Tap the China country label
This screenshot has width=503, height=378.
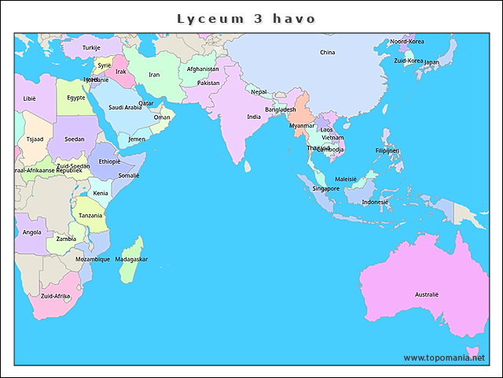click(x=327, y=53)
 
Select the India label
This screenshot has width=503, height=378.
click(x=254, y=117)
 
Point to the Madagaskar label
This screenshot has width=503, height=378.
click(x=131, y=259)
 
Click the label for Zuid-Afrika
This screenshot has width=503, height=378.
click(x=56, y=296)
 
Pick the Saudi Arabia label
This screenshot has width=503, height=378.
click(x=125, y=107)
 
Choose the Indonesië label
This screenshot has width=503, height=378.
click(x=375, y=202)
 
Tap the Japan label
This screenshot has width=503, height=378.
click(x=431, y=62)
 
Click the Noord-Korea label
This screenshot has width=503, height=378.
click(x=407, y=41)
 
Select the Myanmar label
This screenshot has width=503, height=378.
click(x=302, y=125)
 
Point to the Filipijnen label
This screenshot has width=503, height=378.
click(x=387, y=150)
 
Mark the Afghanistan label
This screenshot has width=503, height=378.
click(x=203, y=69)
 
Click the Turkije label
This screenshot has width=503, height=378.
click(x=92, y=48)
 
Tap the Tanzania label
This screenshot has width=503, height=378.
click(x=90, y=215)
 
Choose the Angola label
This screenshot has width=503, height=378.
click(x=32, y=232)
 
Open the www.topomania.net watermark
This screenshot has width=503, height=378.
click(x=444, y=358)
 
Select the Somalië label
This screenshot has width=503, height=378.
click(x=129, y=175)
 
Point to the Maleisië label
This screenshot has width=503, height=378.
click(x=346, y=179)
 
